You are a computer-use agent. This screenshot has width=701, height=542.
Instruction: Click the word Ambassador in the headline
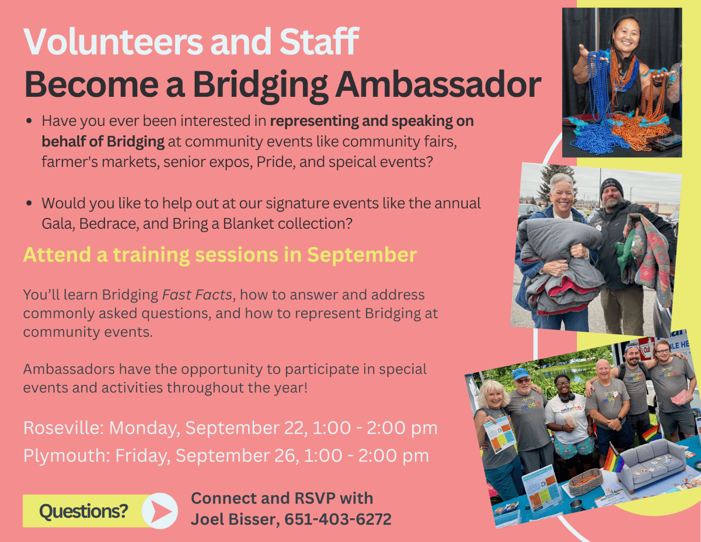point(438,85)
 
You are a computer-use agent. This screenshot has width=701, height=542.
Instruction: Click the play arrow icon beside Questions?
point(160,511)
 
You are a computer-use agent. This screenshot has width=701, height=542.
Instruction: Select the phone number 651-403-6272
point(338,519)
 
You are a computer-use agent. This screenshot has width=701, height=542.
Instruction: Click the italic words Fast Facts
point(197,295)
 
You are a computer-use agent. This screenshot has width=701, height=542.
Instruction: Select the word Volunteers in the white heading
point(113,42)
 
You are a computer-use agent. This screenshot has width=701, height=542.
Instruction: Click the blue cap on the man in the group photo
point(520,374)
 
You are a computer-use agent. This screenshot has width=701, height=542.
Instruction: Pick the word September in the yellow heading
point(362,255)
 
